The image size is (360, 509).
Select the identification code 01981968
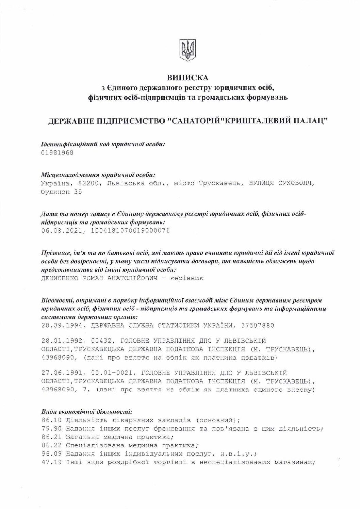click(57, 153)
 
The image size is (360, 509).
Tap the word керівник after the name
click(187, 278)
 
